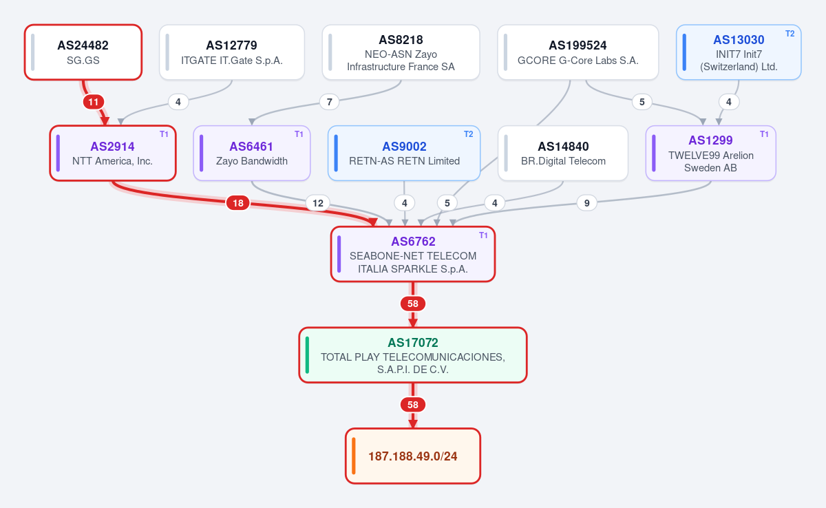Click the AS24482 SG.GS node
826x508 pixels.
83,52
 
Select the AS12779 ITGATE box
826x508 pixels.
232,52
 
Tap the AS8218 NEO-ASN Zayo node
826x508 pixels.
401,52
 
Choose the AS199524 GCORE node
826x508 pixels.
578,52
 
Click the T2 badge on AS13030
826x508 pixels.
790,34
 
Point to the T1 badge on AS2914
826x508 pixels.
164,134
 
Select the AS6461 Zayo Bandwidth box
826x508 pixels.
252,153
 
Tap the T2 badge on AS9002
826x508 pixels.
468,134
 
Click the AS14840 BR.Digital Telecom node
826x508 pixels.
563,153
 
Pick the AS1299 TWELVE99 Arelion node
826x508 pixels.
710,153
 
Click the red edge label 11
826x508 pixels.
94,102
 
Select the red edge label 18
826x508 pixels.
238,203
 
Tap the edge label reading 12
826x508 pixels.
318,203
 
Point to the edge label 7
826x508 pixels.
329,102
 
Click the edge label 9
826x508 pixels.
586,203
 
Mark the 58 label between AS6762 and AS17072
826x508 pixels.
412,304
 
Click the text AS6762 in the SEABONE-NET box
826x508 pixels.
413,242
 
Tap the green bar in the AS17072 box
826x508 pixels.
307,355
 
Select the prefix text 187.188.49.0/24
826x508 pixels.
412,456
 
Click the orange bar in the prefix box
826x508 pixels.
354,456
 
